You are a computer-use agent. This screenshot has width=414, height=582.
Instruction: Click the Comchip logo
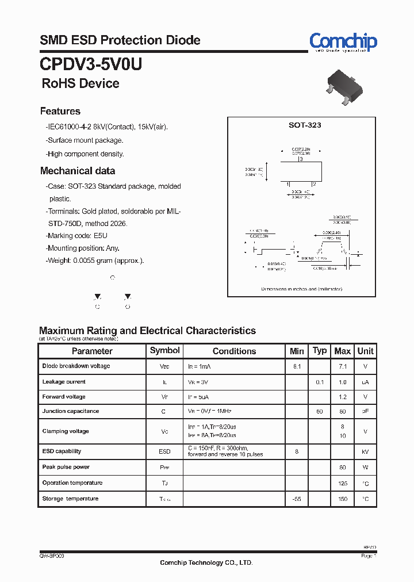point(343,41)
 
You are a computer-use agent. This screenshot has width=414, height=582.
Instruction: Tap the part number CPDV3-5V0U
point(91,63)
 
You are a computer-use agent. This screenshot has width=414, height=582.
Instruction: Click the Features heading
point(60,111)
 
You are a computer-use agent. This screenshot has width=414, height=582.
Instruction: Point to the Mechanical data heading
point(77,171)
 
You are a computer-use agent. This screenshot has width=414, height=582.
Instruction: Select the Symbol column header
point(164,350)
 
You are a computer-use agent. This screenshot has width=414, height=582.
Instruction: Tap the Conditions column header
point(234,351)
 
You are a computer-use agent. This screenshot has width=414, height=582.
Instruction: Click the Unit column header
point(365,351)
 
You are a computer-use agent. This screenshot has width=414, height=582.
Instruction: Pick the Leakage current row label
point(64,382)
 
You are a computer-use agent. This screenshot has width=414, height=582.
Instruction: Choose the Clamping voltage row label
point(66,431)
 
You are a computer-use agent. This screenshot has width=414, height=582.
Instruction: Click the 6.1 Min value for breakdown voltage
point(297,366)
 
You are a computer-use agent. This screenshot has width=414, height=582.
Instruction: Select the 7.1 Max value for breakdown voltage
point(343,366)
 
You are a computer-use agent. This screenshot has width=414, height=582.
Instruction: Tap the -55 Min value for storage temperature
point(297,499)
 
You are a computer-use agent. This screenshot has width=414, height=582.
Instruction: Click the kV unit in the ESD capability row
point(365,452)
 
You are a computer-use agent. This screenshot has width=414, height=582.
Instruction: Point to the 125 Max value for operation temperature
point(343,483)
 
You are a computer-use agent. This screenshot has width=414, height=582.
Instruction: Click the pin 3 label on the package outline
point(301,160)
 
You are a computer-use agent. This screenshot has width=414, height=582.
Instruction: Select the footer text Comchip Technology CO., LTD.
point(206,563)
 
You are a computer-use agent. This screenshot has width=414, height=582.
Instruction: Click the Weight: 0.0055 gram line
point(95,261)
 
